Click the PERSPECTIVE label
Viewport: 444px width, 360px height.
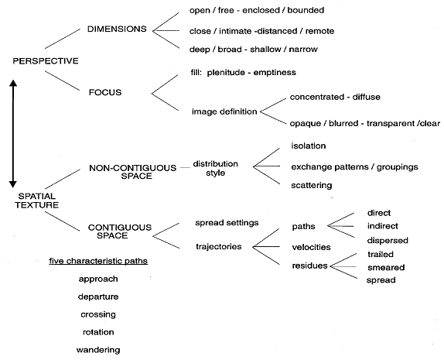click(x=46, y=61)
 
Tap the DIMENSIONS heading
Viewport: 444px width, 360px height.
click(x=117, y=29)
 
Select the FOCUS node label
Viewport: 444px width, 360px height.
click(x=105, y=92)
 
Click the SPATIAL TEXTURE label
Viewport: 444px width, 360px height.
click(x=37, y=201)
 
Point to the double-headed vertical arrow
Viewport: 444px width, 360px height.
click(x=13, y=134)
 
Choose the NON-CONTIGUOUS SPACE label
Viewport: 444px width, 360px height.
click(x=133, y=172)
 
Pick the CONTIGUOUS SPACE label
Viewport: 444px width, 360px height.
click(x=120, y=231)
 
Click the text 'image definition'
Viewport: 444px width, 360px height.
click(x=224, y=111)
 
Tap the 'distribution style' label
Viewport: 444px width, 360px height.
click(x=216, y=168)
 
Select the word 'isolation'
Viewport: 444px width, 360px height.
click(x=309, y=146)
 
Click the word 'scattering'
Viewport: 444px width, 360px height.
click(x=312, y=185)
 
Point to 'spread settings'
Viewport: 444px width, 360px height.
click(x=227, y=223)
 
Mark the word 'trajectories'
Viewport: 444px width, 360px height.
click(x=219, y=247)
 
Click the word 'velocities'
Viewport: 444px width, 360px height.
click(x=311, y=247)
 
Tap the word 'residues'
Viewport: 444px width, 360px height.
click(x=309, y=266)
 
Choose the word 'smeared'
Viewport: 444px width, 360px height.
click(x=386, y=267)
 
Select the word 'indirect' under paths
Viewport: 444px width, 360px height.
click(x=383, y=226)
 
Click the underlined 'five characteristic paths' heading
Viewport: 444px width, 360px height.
click(x=98, y=261)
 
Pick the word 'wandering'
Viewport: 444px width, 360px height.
click(x=98, y=350)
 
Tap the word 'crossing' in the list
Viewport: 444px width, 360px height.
click(x=98, y=314)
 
